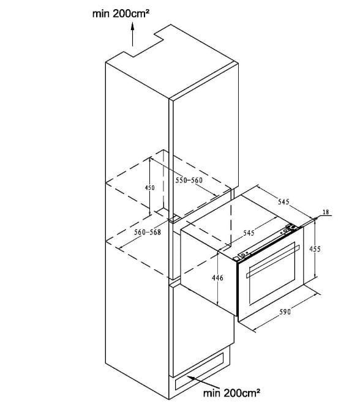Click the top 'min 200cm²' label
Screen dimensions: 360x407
(121, 13)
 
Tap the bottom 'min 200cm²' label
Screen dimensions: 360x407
(231, 392)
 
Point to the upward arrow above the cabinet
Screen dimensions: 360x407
(132, 34)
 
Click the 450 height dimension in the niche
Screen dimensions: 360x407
(149, 187)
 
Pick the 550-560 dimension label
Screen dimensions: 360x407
(189, 180)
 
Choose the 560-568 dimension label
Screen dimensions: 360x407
(148, 232)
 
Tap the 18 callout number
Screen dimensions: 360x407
(326, 212)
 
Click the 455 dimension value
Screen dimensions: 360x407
(315, 249)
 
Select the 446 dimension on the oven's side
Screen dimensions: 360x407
(217, 278)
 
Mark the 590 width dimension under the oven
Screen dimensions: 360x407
(285, 312)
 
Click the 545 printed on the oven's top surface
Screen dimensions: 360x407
(249, 233)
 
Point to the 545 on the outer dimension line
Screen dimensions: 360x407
(283, 202)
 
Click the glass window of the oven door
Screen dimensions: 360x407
(272, 274)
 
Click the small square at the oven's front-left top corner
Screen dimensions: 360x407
(236, 258)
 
